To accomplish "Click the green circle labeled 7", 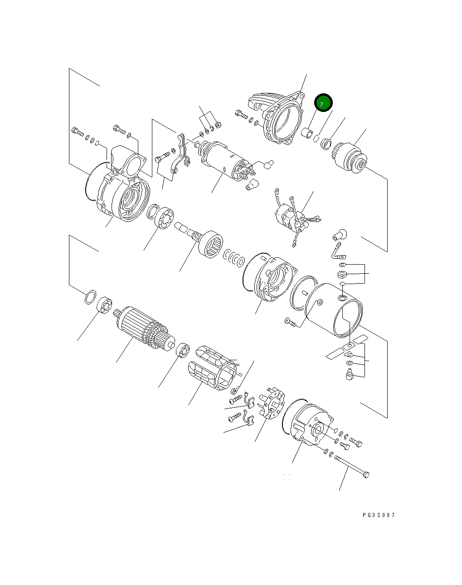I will tap(323, 103).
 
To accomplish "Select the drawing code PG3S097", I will tap(379, 515).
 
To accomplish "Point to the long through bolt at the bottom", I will tap(351, 467).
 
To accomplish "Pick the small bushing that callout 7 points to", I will tap(307, 133).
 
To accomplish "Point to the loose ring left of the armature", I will tap(90, 297).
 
